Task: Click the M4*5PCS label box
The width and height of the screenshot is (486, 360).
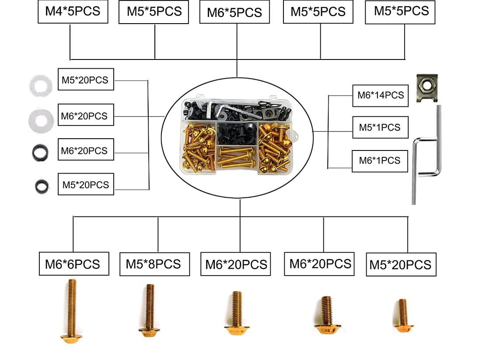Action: pyautogui.click(x=73, y=11)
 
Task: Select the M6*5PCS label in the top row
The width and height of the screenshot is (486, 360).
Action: pyautogui.click(x=237, y=12)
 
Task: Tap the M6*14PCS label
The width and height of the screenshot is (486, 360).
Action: pyautogui.click(x=381, y=95)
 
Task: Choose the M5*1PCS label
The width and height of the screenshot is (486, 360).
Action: pyautogui.click(x=381, y=127)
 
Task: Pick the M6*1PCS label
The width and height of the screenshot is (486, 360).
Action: pyautogui.click(x=380, y=161)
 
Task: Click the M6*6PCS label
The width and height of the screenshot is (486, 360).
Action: pyautogui.click(x=73, y=264)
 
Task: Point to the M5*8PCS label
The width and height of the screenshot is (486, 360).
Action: pyautogui.click(x=154, y=264)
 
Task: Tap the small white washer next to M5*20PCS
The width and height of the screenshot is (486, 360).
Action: pyautogui.click(x=41, y=85)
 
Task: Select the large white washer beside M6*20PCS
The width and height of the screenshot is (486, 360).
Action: pyautogui.click(x=41, y=119)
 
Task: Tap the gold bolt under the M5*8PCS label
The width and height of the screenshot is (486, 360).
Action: pyautogui.click(x=150, y=310)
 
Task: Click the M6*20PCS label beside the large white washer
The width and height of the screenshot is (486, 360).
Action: pyautogui.click(x=86, y=116)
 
